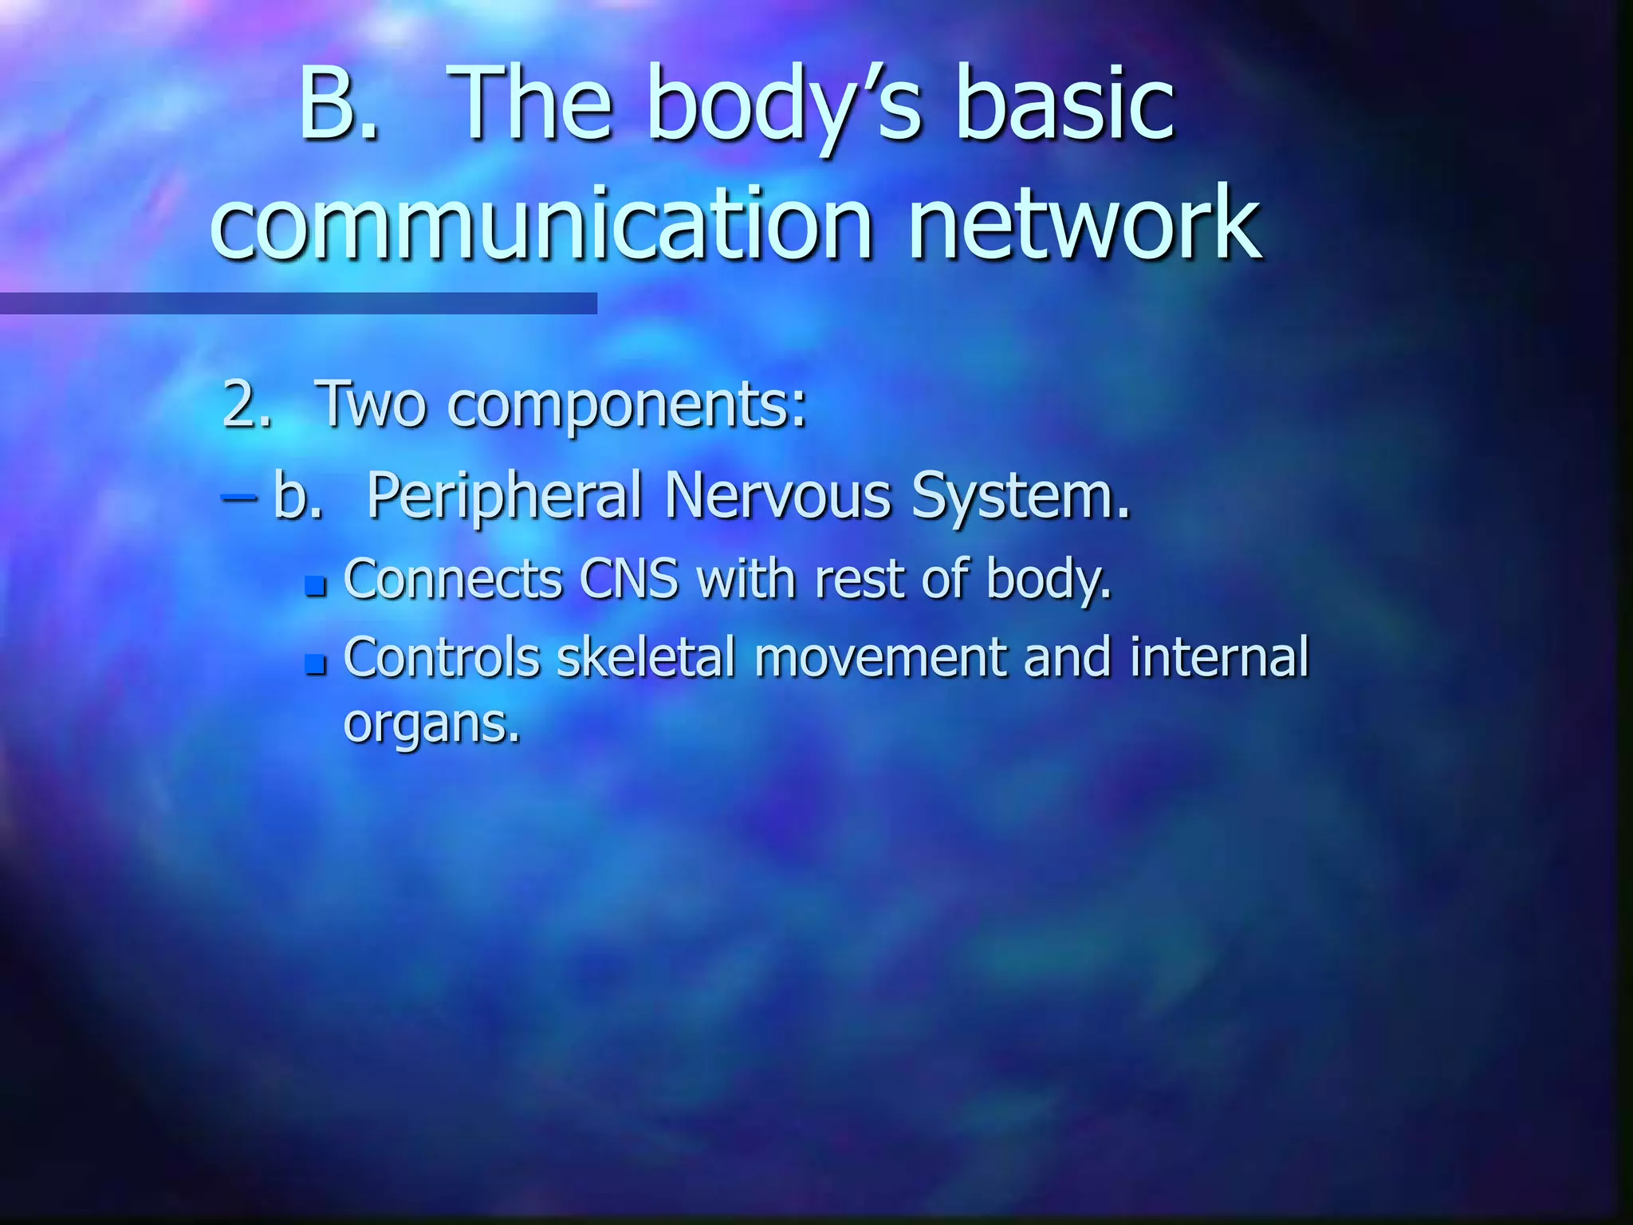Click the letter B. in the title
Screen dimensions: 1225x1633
click(338, 105)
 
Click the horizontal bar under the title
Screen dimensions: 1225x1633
click(298, 303)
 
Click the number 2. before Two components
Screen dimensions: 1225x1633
click(247, 404)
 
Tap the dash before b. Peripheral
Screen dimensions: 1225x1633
click(238, 496)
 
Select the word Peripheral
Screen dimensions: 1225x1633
click(505, 497)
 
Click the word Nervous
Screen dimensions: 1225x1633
click(777, 495)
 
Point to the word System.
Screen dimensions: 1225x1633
click(1021, 497)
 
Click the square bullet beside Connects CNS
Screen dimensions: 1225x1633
click(317, 587)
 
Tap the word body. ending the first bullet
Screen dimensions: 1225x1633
click(1049, 579)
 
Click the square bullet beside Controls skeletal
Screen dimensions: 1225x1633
click(317, 664)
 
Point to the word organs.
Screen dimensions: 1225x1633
click(431, 724)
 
